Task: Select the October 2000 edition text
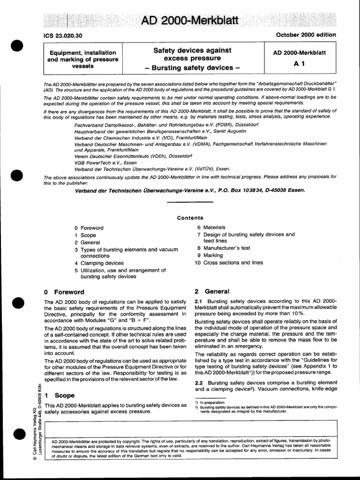point(306,35)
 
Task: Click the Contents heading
point(190,217)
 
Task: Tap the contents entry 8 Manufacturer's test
point(224,248)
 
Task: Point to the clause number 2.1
point(198,300)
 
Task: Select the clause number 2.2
point(198,383)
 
